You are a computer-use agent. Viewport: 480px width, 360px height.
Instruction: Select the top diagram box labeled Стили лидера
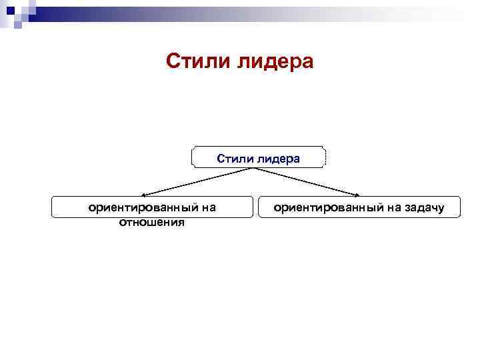[x=258, y=156]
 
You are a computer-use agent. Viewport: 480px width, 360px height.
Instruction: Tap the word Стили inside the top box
[x=233, y=159]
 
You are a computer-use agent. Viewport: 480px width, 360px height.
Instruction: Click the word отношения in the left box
[x=151, y=221]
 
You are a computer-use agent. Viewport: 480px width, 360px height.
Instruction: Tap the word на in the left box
[x=208, y=207]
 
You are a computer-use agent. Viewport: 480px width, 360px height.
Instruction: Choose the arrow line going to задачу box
[x=307, y=181]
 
